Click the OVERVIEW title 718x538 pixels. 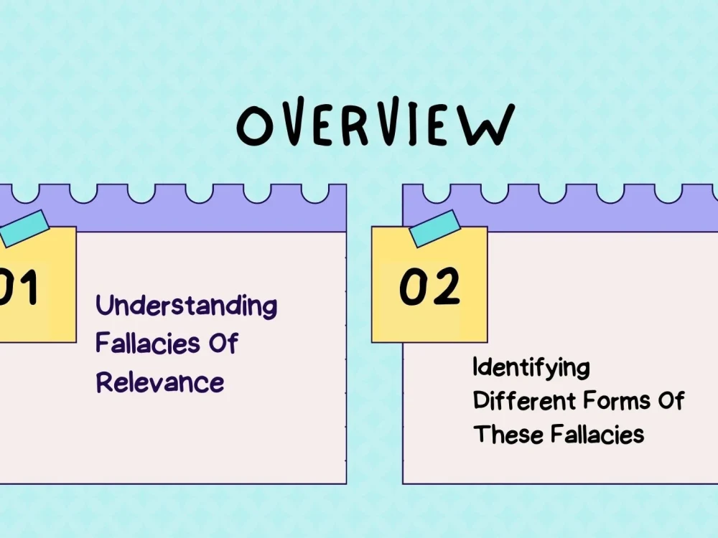pyautogui.click(x=376, y=122)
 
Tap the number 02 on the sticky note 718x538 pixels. pyautogui.click(x=429, y=286)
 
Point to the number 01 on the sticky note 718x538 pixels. pyautogui.click(x=19, y=286)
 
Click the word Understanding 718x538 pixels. pyautogui.click(x=187, y=306)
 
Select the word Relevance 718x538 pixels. pyautogui.click(x=160, y=382)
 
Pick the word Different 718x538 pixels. pyautogui.click(x=524, y=400)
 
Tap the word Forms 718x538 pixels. pyautogui.click(x=617, y=400)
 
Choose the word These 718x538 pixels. pyautogui.click(x=508, y=434)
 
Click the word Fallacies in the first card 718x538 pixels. pyautogui.click(x=148, y=343)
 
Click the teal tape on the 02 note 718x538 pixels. pyautogui.click(x=434, y=229)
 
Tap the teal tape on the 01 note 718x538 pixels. pyautogui.click(x=24, y=228)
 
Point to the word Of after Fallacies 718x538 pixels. pyautogui.click(x=224, y=343)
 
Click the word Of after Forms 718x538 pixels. pyautogui.click(x=671, y=400)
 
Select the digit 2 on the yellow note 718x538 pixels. pyautogui.click(x=445, y=286)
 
